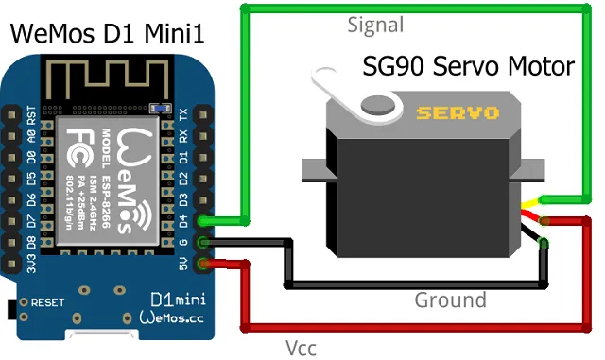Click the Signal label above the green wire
click(375, 26)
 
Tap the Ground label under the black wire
click(450, 300)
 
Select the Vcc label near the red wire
click(301, 347)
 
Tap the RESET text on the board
click(48, 304)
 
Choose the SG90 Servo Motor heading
click(469, 66)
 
